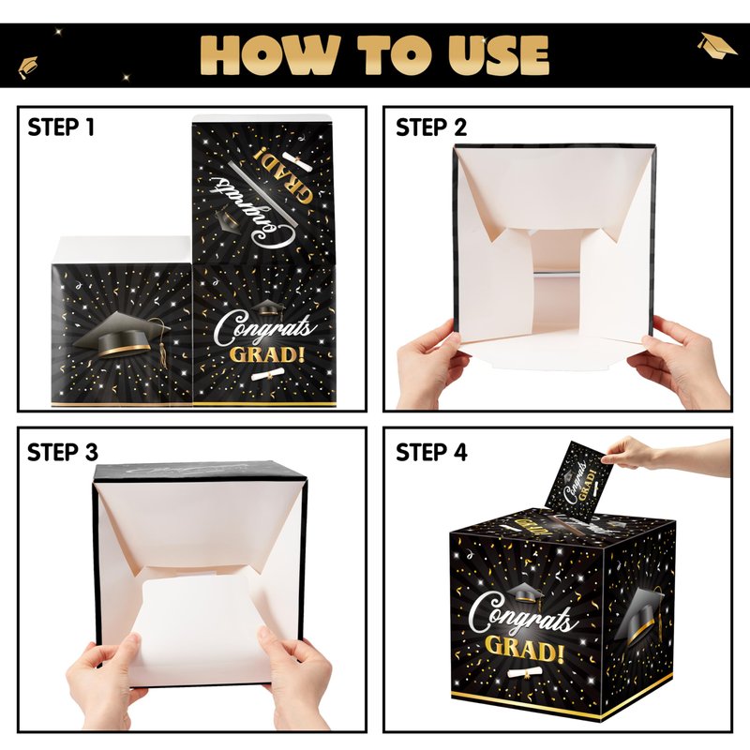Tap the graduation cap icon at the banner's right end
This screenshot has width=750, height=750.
point(716,45)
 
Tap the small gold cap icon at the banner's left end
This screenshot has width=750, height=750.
point(27,67)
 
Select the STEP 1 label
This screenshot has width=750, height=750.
point(61,127)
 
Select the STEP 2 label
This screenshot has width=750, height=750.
point(430,127)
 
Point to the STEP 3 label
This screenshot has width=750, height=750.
point(62,452)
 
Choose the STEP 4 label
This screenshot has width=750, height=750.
point(431,452)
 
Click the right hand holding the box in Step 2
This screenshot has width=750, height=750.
point(679,360)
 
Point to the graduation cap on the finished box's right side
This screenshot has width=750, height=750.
point(640,615)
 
